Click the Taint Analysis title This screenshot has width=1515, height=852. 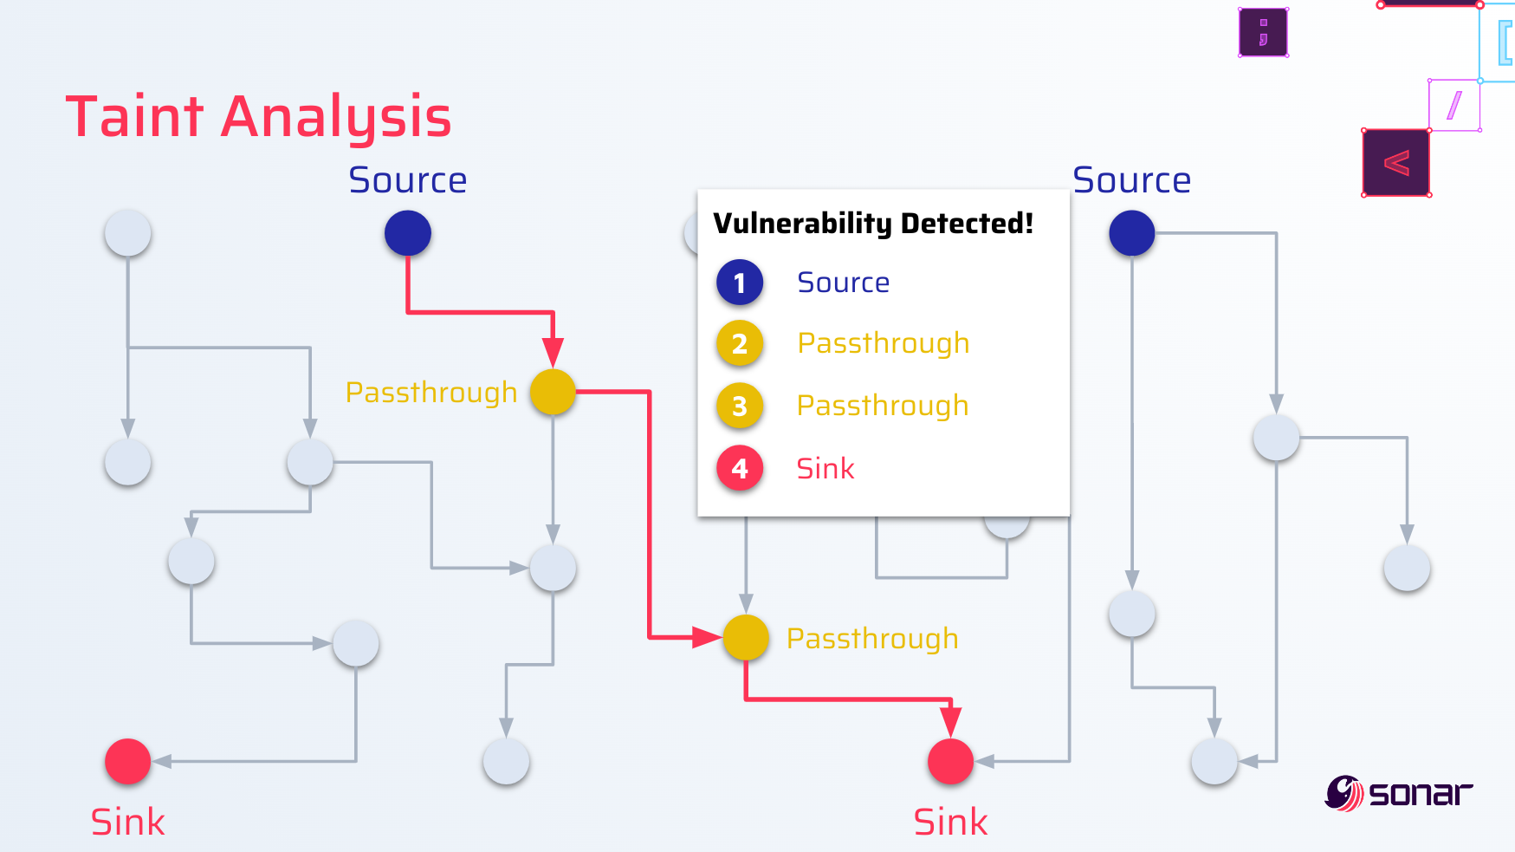258,117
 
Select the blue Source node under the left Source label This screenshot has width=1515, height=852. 408,233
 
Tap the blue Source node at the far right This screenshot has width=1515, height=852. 1132,233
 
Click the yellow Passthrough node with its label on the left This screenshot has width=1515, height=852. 553,392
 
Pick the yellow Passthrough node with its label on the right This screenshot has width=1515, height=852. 746,638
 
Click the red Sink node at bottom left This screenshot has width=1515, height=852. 128,762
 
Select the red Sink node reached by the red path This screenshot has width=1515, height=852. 951,762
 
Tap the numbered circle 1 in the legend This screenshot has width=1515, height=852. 740,283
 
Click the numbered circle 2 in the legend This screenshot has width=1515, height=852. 740,344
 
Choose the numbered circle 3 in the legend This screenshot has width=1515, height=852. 740,406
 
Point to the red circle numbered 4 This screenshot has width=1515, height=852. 740,468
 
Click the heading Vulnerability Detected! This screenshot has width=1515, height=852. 873,224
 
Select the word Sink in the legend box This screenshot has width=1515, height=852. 825,469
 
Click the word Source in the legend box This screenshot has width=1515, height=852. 843,283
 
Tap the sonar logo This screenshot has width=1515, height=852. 1398,792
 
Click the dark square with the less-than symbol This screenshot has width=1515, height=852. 1396,163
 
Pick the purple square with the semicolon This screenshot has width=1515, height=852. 1263,32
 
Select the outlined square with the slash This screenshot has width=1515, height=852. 1454,106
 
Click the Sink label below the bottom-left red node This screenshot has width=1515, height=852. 128,822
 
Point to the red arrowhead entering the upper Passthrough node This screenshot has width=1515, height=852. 553,352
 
